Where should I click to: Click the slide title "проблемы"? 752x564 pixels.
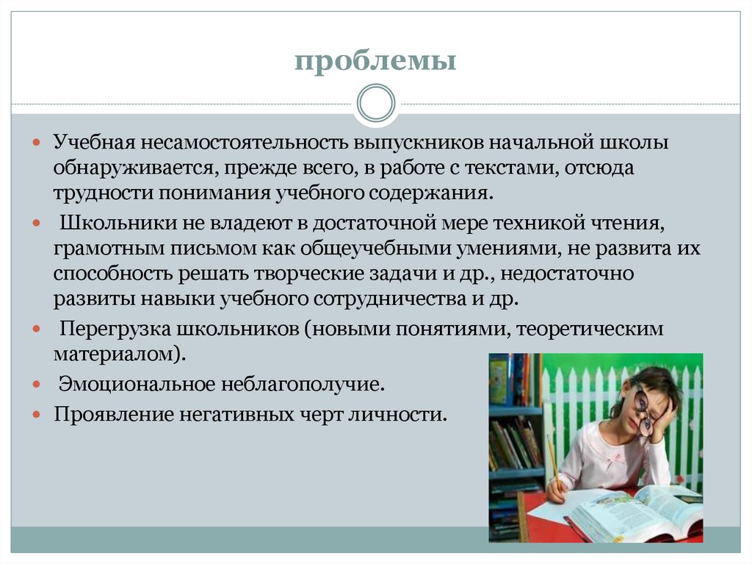[x=375, y=61]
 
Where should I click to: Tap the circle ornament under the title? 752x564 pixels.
[x=375, y=103]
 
